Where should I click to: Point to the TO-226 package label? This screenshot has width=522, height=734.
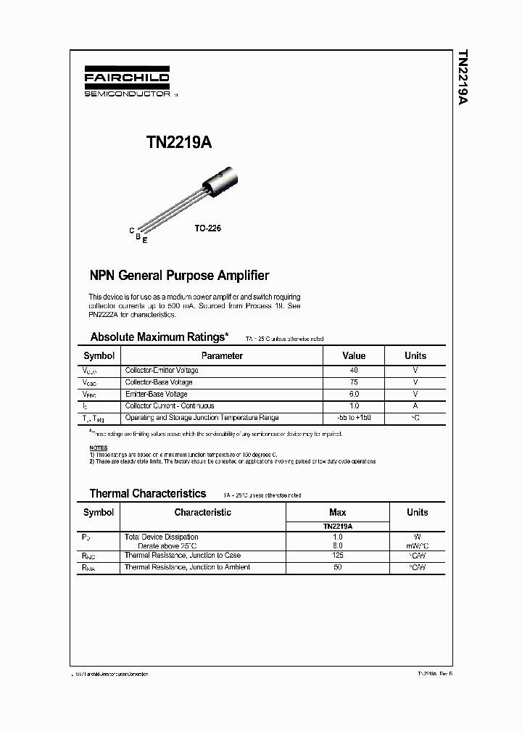pos(207,228)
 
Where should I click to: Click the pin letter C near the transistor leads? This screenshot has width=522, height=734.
pos(131,231)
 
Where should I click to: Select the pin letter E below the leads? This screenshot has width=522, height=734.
pos(145,240)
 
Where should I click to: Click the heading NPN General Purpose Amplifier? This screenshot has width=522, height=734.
pos(178,276)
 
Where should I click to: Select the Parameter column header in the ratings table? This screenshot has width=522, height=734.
pos(222,355)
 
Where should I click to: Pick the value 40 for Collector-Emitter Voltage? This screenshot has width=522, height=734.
pos(354,370)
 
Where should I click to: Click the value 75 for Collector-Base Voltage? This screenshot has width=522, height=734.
pos(354,382)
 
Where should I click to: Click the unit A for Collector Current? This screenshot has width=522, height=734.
pos(415,406)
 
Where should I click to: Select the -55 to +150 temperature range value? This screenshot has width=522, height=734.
pos(354,418)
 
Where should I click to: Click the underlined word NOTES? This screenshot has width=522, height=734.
pos(98,448)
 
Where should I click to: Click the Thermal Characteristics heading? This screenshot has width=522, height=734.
pos(147,493)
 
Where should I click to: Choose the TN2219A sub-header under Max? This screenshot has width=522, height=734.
pos(338,527)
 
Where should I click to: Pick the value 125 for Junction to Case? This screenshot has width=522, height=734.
pos(338,555)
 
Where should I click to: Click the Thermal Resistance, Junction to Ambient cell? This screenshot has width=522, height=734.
pos(187,567)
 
